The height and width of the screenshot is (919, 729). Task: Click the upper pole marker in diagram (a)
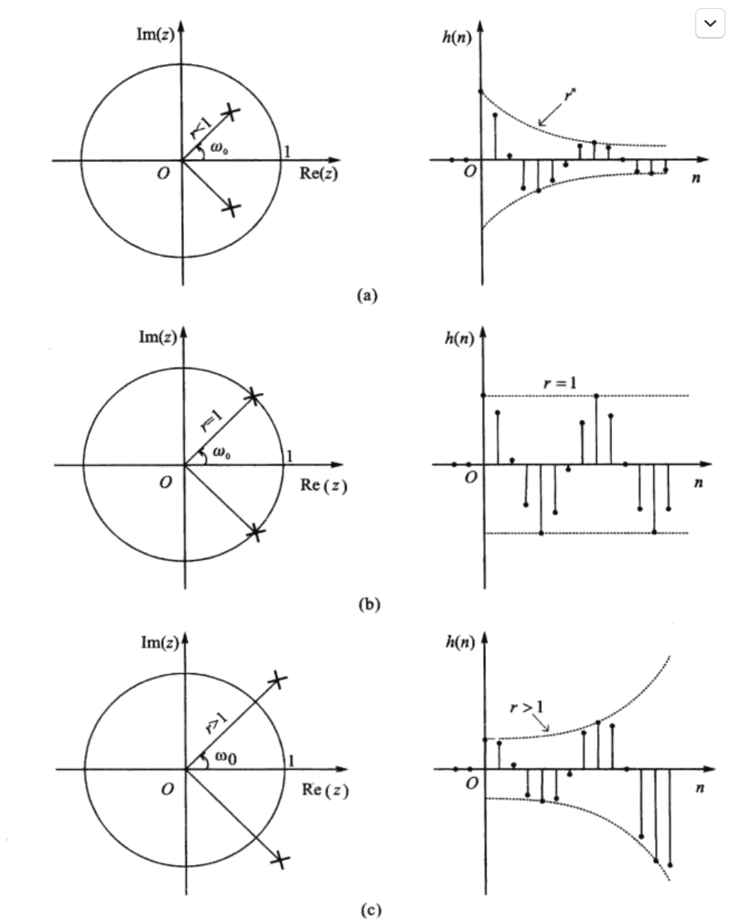[231, 112]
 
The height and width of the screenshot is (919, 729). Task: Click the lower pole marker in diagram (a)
[232, 208]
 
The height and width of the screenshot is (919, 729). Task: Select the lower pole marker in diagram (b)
[255, 533]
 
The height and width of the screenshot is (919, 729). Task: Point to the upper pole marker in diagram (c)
[277, 680]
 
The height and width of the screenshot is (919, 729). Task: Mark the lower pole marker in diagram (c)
[280, 860]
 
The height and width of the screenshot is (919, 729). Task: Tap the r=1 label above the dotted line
[560, 383]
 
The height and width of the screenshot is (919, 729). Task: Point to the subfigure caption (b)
[369, 604]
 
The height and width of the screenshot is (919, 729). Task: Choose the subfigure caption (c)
[369, 910]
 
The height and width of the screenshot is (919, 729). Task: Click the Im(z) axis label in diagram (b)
[158, 337]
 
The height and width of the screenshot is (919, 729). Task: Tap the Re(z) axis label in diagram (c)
[325, 789]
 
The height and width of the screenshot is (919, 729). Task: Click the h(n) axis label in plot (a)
[457, 37]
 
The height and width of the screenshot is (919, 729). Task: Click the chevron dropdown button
[710, 23]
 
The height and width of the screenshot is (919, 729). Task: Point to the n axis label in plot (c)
[698, 788]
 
